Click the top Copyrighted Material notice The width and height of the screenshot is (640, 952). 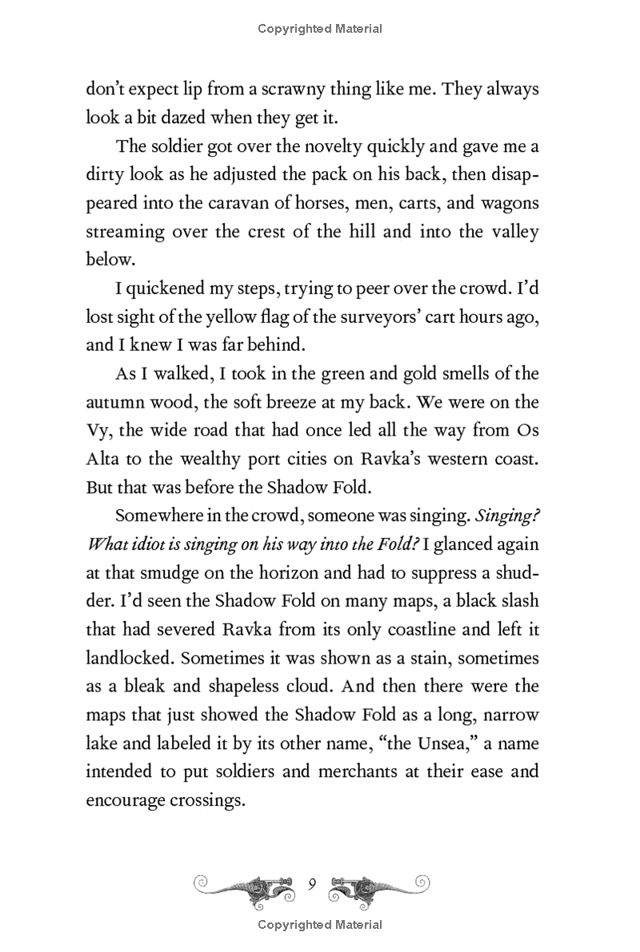(320, 29)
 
